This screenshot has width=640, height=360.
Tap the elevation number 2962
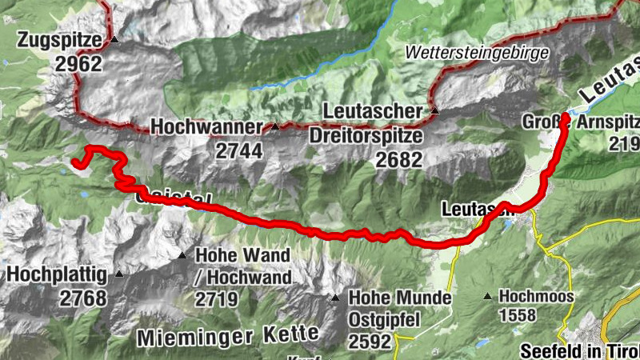pos(79,64)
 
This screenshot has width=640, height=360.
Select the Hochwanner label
pos(206,127)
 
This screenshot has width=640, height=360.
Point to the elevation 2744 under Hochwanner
pos(238,150)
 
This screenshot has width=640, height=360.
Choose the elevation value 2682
pos(398,159)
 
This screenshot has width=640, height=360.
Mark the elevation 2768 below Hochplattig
pos(82,298)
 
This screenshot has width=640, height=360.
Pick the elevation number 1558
pos(517,315)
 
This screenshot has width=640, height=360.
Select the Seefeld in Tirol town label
pos(578,350)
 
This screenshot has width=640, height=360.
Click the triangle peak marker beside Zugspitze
pos(114,38)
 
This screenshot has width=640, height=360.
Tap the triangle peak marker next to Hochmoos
pos(487,296)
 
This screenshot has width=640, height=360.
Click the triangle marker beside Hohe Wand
pos(183,256)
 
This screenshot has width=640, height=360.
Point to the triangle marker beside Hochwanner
pos(275,126)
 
